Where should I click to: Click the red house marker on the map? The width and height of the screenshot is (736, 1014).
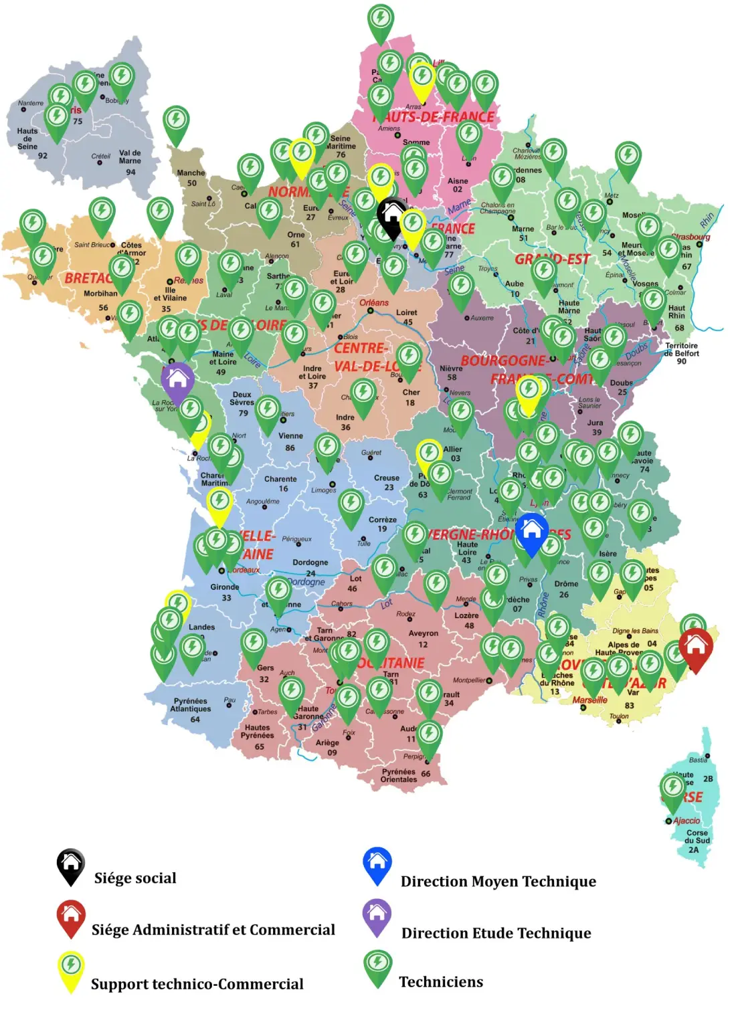pos(695,646)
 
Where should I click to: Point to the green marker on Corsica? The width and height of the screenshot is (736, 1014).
pos(672,789)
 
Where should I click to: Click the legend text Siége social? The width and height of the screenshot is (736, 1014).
pos(135,878)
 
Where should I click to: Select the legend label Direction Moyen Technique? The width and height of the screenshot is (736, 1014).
pos(498,882)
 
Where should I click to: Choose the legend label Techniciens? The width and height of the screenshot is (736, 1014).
pos(441,982)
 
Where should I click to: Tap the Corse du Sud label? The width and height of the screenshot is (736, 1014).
pos(697,841)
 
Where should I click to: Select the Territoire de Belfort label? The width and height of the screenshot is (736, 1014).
pos(682,353)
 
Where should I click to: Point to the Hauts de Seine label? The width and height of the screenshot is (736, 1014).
pos(28,139)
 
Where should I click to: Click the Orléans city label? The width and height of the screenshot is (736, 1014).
pos(374,302)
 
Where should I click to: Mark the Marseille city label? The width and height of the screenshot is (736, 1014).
pos(589,700)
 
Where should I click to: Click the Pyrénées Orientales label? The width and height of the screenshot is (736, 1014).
pos(399,775)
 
